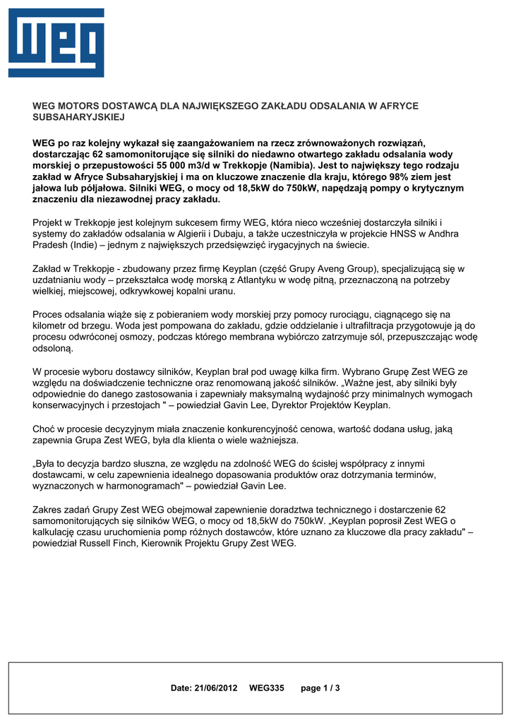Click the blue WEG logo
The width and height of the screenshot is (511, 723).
pyautogui.click(x=56, y=43)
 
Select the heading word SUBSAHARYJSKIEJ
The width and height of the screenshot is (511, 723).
pyautogui.click(x=78, y=117)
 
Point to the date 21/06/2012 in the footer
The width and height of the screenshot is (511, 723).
pyautogui.click(x=217, y=688)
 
